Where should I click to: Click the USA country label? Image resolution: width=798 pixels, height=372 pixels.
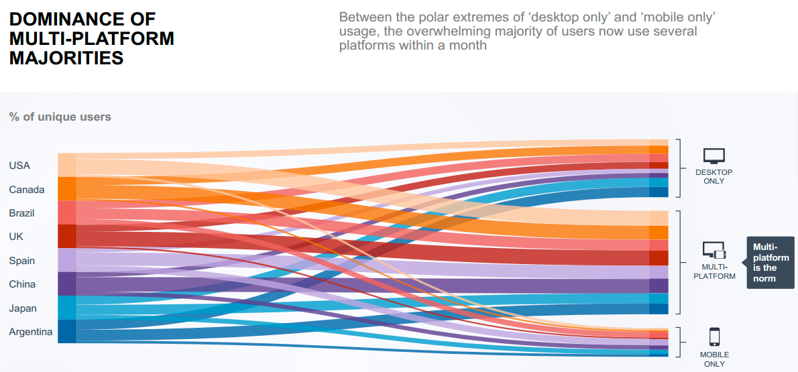click(x=19, y=166)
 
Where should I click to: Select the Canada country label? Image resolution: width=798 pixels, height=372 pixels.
click(x=27, y=190)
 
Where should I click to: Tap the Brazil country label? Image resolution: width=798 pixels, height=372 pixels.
click(x=22, y=213)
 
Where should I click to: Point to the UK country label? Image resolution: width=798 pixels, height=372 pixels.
click(x=16, y=237)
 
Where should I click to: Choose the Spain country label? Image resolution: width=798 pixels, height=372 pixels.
click(x=22, y=261)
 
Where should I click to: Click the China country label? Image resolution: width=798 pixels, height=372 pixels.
click(x=22, y=284)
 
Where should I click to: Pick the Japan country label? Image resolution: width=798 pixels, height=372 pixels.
click(x=23, y=308)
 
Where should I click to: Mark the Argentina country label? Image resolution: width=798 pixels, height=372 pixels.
click(x=31, y=332)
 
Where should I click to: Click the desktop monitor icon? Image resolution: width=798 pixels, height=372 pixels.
click(x=714, y=156)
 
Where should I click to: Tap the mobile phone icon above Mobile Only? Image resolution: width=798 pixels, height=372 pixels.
click(x=714, y=336)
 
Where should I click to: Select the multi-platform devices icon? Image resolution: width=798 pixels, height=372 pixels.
click(x=714, y=251)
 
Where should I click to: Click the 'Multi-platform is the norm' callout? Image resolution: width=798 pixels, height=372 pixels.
click(x=771, y=262)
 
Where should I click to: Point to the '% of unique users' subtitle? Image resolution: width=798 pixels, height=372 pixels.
click(x=60, y=117)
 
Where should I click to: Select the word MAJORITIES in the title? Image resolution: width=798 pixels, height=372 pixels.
click(x=66, y=58)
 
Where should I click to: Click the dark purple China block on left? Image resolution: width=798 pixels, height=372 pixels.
click(x=67, y=284)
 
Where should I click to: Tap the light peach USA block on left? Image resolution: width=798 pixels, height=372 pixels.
click(x=67, y=165)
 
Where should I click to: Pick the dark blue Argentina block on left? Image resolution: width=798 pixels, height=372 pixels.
click(x=67, y=331)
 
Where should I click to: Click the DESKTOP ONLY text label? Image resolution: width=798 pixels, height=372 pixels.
click(x=714, y=176)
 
